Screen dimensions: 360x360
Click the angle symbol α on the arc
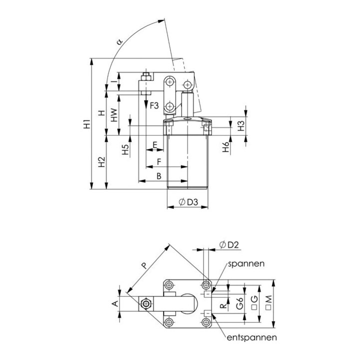point(119,41)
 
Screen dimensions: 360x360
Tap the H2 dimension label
point(101,162)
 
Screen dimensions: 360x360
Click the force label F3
point(154,106)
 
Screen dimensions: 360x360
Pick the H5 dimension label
point(125,149)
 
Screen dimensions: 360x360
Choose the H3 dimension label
point(241,126)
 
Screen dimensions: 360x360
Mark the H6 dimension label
point(226,147)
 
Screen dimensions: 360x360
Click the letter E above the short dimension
point(154,145)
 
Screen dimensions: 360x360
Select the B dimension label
point(159,176)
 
